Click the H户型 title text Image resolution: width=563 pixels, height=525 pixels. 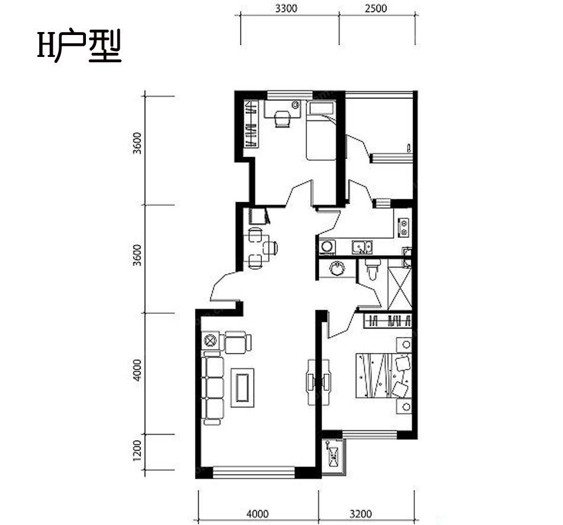79,47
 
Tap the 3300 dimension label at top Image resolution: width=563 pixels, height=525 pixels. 286,8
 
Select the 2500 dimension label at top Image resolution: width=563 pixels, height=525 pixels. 376,8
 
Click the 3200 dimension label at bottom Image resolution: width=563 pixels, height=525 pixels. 360,514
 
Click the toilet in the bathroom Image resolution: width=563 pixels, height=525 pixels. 372,270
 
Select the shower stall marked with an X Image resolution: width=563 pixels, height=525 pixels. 399,288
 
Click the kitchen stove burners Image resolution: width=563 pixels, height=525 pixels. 404,225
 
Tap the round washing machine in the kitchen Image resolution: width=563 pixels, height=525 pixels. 327,246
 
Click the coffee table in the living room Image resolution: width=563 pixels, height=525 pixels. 242,386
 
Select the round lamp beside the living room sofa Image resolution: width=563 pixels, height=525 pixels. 210,341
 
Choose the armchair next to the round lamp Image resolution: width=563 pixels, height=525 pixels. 236,342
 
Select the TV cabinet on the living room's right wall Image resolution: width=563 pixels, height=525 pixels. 311,380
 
